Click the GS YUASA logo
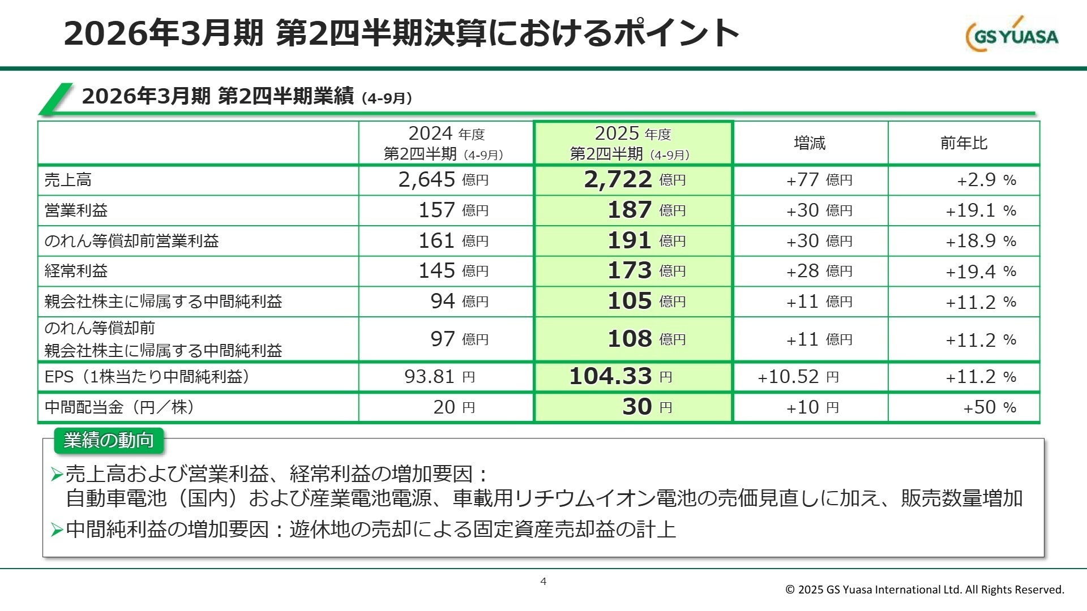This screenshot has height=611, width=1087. (1012, 35)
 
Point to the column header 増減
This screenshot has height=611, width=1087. (810, 143)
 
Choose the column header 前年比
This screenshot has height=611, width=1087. (964, 143)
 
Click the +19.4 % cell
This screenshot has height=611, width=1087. (981, 272)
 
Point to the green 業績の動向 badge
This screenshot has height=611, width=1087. (109, 441)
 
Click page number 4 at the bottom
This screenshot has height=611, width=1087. (543, 581)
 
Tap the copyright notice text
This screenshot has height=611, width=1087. (925, 590)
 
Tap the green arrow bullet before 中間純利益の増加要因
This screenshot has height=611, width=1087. (57, 530)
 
